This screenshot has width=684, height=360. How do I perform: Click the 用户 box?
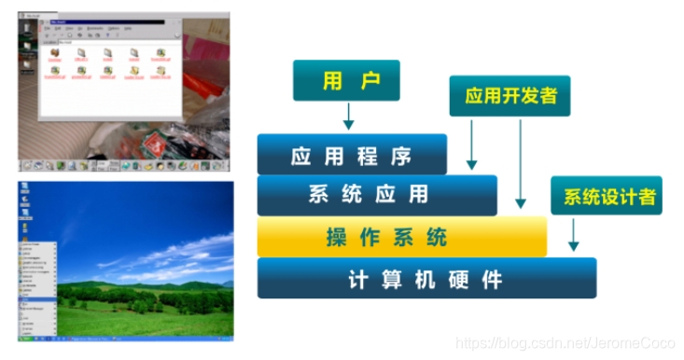345,81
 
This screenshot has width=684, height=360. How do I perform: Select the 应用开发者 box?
510,96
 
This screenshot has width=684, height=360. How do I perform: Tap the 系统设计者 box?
606,197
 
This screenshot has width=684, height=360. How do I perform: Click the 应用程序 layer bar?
351,155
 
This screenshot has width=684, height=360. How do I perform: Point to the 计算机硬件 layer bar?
425,278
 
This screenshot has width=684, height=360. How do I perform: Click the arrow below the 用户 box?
347,117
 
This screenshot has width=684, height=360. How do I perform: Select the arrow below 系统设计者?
573,234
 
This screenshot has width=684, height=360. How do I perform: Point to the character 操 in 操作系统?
337,237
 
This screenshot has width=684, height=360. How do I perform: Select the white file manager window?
112,75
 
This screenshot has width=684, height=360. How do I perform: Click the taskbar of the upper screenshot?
121,165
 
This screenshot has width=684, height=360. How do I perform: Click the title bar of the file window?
112,20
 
